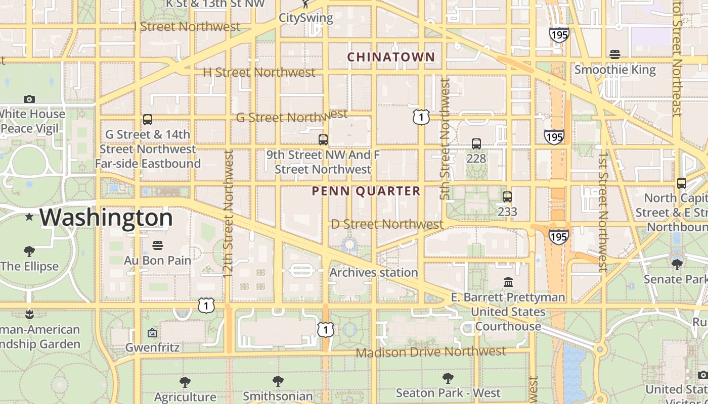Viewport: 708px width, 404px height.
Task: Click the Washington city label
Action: click(x=106, y=218)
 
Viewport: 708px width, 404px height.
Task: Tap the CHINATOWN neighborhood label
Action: click(x=391, y=57)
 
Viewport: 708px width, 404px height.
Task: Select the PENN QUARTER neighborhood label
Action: click(x=366, y=191)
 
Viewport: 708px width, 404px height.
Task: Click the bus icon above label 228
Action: click(x=476, y=144)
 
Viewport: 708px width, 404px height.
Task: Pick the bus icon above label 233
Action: click(x=507, y=197)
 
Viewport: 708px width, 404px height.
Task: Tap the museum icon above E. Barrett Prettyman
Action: click(x=508, y=282)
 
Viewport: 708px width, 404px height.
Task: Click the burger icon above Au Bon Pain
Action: click(x=158, y=245)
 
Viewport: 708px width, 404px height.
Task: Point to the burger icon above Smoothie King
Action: click(x=615, y=54)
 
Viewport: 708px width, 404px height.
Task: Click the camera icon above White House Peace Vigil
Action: click(x=29, y=99)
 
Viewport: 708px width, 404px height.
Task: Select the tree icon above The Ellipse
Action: click(x=29, y=251)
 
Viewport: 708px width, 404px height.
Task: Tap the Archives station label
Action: click(x=374, y=273)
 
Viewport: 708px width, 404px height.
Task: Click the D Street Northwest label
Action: click(x=387, y=224)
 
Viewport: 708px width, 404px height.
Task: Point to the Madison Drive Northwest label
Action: click(x=431, y=351)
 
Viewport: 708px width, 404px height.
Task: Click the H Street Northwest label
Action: click(x=259, y=72)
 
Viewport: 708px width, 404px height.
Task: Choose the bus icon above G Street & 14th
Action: click(x=147, y=120)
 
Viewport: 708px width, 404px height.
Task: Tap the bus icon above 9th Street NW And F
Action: click(x=323, y=140)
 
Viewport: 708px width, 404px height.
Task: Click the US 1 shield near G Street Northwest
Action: click(x=421, y=117)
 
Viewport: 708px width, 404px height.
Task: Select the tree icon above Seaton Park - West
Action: click(x=448, y=378)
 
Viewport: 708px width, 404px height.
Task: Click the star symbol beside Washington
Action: click(x=29, y=217)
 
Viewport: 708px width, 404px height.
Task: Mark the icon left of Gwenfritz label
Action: click(x=152, y=333)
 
